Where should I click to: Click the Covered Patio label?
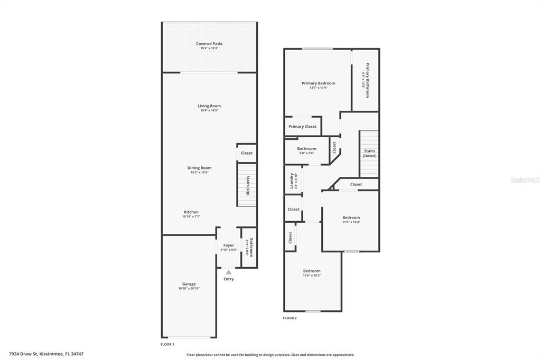click(x=209, y=44)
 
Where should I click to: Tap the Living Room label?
click(x=209, y=106)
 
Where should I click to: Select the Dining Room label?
click(x=199, y=168)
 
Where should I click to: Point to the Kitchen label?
click(x=191, y=212)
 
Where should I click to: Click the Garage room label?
click(x=189, y=284)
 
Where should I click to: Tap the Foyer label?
click(x=228, y=245)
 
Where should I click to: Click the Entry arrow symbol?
click(x=228, y=272)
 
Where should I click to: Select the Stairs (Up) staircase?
click(x=246, y=185)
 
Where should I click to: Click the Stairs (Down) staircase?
click(x=369, y=154)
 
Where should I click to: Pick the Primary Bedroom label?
click(x=318, y=83)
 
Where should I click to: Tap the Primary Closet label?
click(x=303, y=127)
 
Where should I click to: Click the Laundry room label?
click(x=291, y=180)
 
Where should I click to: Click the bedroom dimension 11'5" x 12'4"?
click(x=351, y=222)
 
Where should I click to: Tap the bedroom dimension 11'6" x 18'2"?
click(x=312, y=276)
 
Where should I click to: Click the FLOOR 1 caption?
click(x=167, y=344)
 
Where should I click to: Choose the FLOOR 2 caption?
click(x=290, y=318)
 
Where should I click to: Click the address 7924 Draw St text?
click(x=46, y=354)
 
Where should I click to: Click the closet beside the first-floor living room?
click(x=247, y=153)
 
